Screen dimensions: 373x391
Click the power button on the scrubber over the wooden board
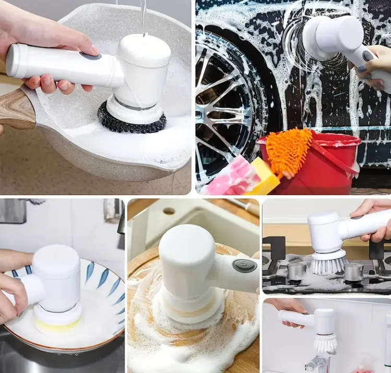(244, 266)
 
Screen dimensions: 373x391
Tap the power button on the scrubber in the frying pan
(90, 55)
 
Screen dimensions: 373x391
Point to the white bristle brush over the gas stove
(328, 264)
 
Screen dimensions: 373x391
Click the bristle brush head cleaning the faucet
(325, 343)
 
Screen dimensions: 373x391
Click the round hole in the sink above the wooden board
(169, 211)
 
